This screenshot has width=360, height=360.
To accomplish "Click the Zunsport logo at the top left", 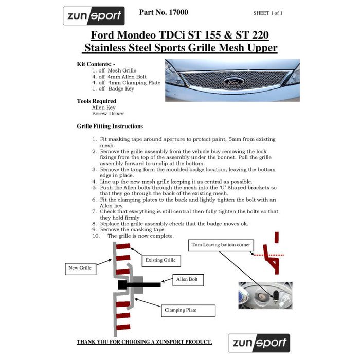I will (94, 16).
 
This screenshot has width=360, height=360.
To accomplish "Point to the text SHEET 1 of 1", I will (275, 13).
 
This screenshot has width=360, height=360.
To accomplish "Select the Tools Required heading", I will (96, 101).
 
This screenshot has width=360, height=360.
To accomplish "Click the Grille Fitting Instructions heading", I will (110, 126).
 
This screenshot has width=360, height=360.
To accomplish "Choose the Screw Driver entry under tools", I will (108, 113).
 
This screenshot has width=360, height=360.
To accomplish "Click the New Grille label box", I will (81, 268).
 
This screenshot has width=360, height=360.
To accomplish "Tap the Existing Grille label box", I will (160, 260).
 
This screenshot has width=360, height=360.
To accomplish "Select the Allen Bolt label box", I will (189, 280).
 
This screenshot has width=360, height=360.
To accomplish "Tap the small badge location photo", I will (265, 295).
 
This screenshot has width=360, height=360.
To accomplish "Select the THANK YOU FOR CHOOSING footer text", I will (144, 342).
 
